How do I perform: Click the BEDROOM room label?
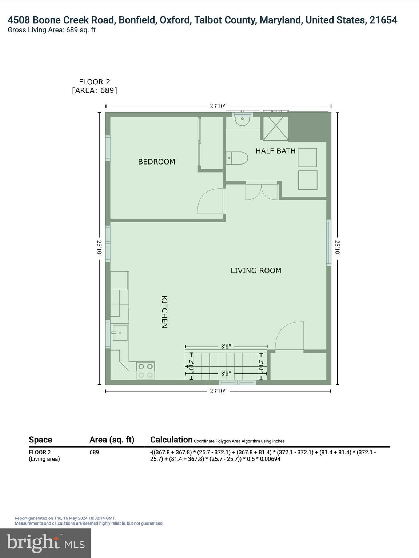click(156, 162)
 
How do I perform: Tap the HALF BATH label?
click(275, 151)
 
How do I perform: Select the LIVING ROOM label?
click(256, 271)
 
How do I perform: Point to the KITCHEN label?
click(164, 312)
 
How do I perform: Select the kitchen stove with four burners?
click(145, 371)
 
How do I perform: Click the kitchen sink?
click(120, 332)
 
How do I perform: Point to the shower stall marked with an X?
click(275, 128)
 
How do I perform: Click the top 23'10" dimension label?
click(218, 106)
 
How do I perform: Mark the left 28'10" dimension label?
click(99, 248)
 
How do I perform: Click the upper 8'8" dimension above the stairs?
click(226, 347)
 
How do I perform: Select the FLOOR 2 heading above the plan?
click(95, 82)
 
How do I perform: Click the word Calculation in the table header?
click(171, 440)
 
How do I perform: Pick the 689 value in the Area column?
click(94, 452)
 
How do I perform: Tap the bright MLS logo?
click(45, 543)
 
